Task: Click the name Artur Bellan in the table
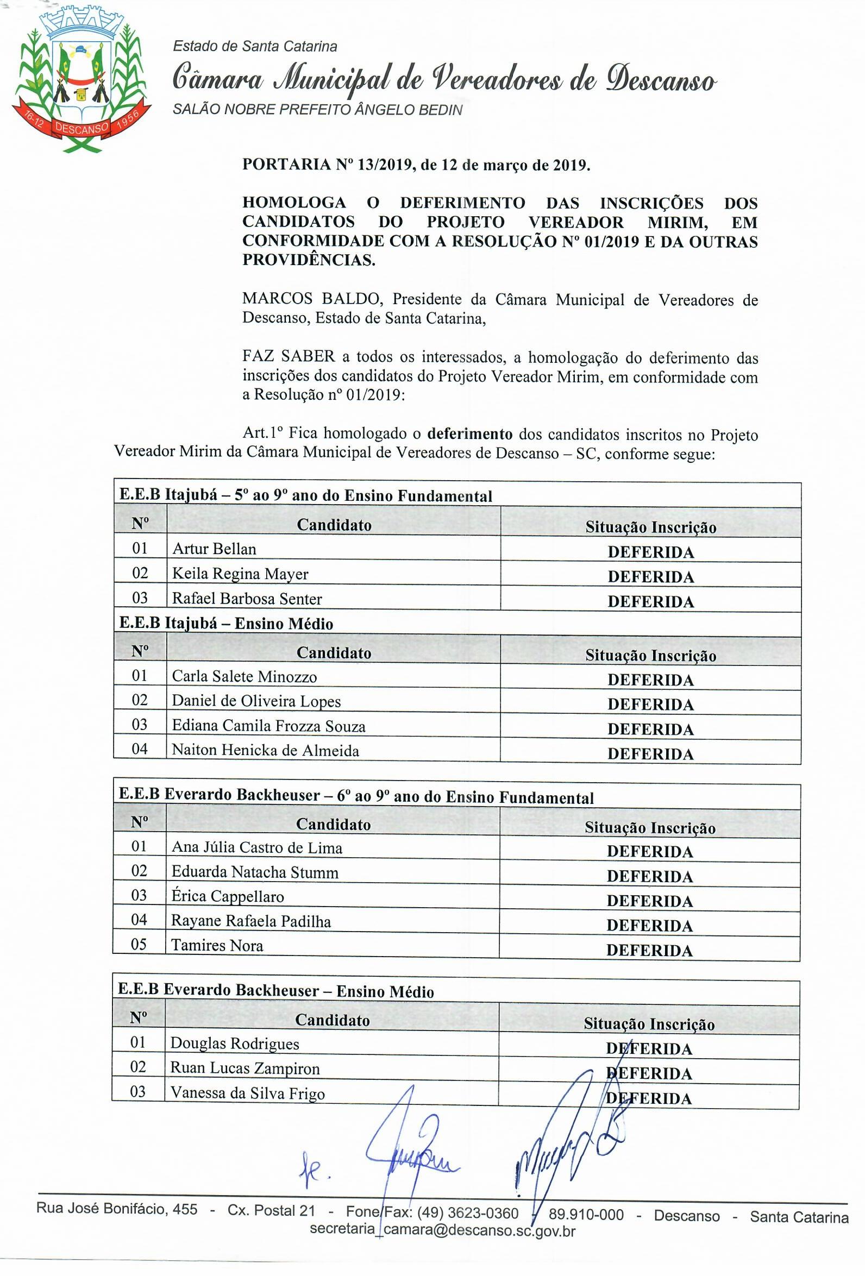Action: (214, 549)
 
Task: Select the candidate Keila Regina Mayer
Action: (240, 574)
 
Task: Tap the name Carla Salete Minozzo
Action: (245, 676)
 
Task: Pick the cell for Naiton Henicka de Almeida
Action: (265, 750)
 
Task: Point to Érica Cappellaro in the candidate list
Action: (227, 896)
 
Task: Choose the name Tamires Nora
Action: (217, 946)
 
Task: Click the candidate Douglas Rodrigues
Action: (235, 1043)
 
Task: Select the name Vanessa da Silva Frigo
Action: (247, 1092)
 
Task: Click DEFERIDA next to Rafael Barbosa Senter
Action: (650, 601)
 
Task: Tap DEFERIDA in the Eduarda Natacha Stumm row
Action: (649, 876)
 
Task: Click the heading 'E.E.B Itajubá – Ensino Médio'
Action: (226, 624)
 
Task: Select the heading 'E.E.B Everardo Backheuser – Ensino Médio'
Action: (275, 990)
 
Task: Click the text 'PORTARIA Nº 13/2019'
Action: (327, 165)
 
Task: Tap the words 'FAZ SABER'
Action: (289, 357)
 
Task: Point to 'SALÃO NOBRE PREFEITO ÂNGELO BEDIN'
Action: (317, 110)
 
